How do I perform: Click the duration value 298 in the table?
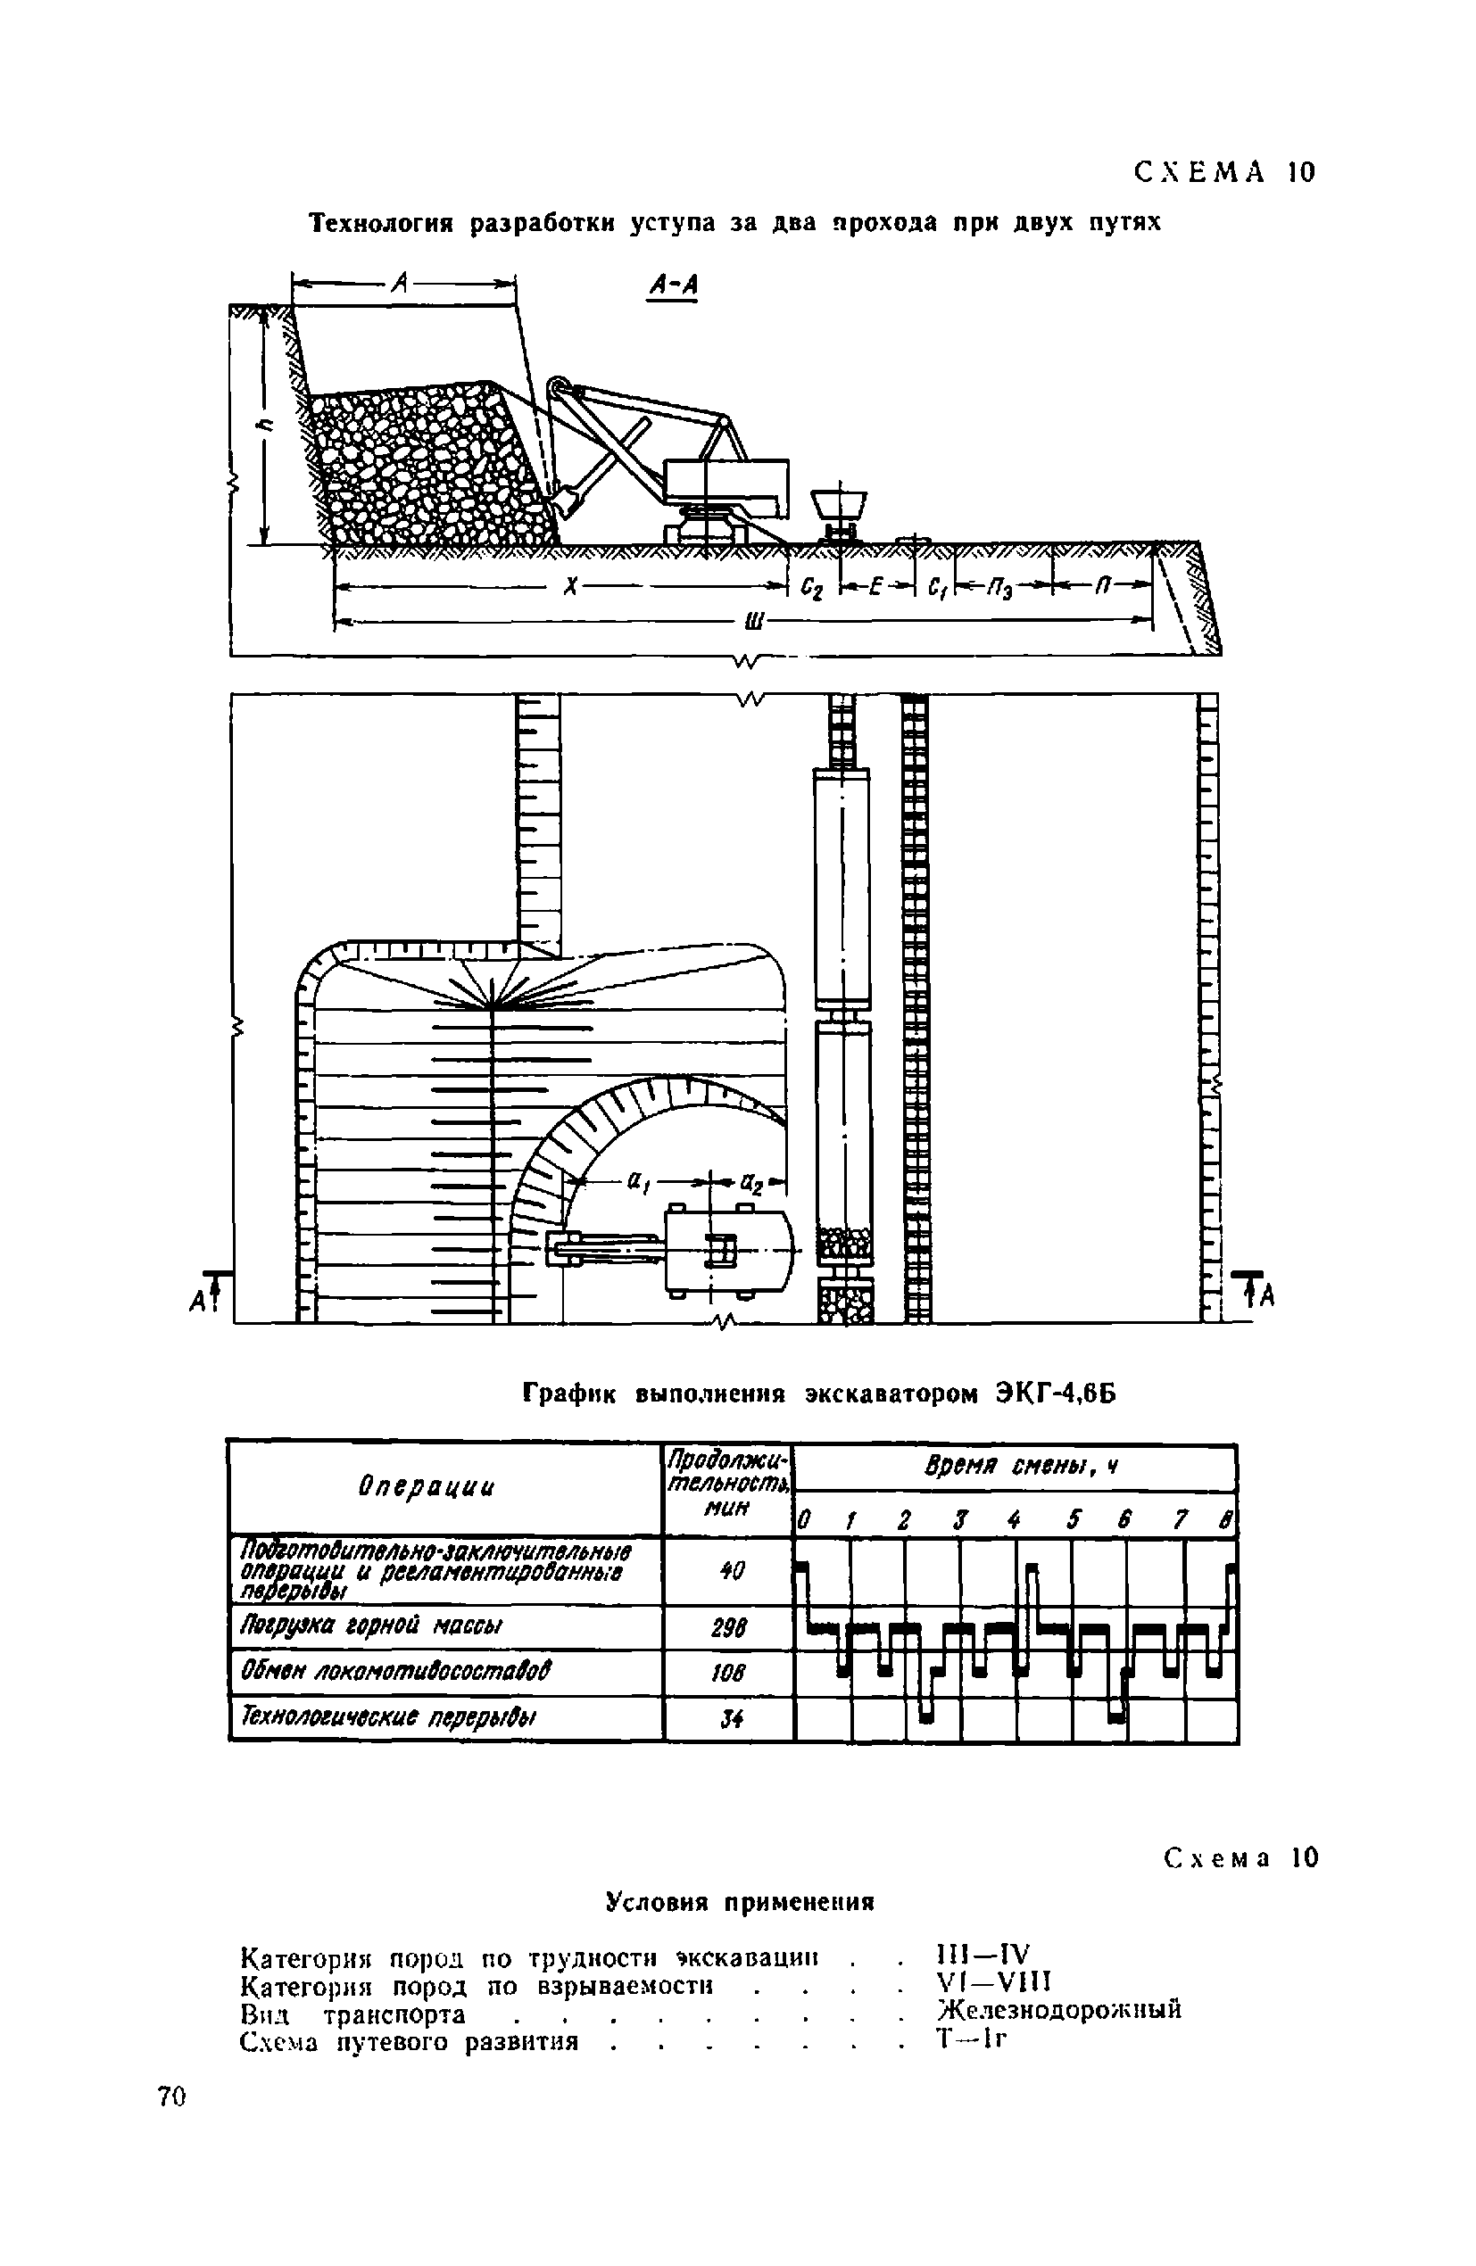pos(728,1627)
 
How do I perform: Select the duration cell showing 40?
pos(728,1571)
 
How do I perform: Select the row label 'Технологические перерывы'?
pos(389,1717)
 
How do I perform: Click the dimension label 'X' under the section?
pos(570,586)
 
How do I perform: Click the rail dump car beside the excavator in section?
pos(838,508)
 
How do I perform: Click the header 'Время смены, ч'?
pos(1020,1468)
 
